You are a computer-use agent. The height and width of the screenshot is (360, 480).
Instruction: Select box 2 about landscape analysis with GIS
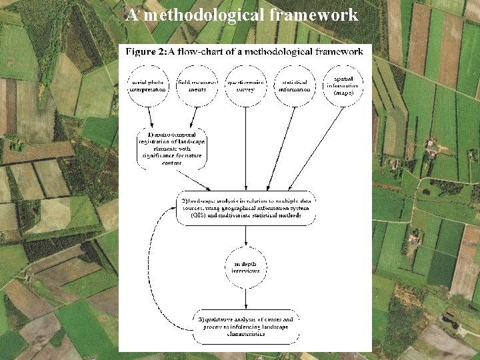246,207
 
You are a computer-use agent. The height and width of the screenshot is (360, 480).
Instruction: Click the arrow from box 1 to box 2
193,179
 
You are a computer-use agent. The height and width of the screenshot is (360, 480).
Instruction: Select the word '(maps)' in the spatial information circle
344,93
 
